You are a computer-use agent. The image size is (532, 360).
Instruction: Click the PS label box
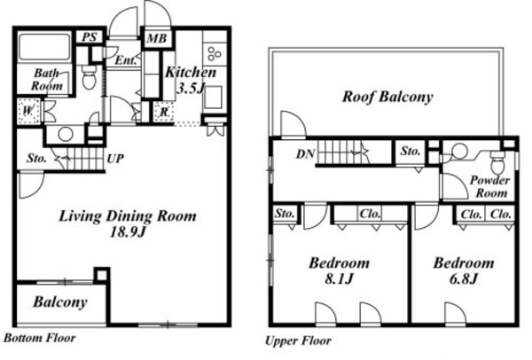click(90, 37)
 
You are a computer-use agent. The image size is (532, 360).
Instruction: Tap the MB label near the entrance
click(157, 39)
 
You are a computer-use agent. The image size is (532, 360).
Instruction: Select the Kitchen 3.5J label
click(191, 80)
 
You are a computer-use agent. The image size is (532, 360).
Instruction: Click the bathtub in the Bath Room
click(44, 47)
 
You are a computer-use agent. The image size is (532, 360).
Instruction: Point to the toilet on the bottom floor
click(90, 77)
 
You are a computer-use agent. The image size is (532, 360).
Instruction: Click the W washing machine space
click(28, 111)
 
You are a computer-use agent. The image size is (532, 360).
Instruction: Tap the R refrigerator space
click(164, 112)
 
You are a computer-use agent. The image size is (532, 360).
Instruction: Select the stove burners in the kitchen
click(214, 53)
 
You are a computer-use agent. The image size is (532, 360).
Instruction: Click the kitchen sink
click(214, 97)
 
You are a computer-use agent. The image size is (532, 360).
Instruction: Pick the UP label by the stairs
click(115, 159)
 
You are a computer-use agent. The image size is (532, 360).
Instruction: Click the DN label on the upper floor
click(305, 154)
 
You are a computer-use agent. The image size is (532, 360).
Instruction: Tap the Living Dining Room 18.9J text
click(128, 223)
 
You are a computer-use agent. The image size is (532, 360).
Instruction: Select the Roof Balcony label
click(387, 97)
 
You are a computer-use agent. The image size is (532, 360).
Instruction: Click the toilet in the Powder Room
click(497, 163)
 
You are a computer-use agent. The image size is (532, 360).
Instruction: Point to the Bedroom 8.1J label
click(340, 270)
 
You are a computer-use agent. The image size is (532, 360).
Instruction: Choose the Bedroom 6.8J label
click(464, 270)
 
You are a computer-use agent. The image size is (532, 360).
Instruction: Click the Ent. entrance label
click(126, 60)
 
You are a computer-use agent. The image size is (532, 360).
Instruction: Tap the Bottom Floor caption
click(40, 338)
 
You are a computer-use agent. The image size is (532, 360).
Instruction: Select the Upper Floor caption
click(298, 340)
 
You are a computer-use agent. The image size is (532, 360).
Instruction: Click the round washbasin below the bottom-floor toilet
click(66, 135)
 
